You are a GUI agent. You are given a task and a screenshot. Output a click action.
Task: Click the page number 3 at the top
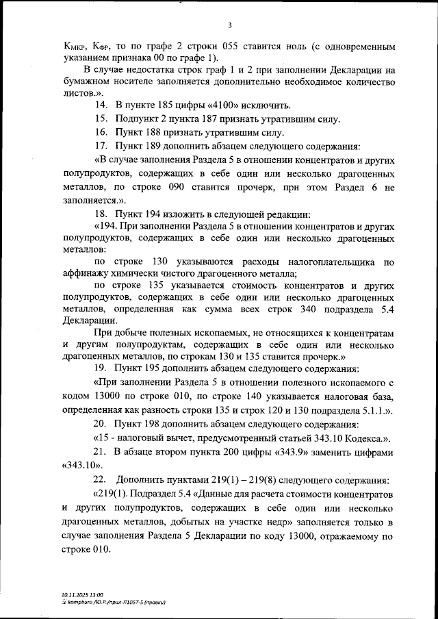[x=230, y=25]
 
